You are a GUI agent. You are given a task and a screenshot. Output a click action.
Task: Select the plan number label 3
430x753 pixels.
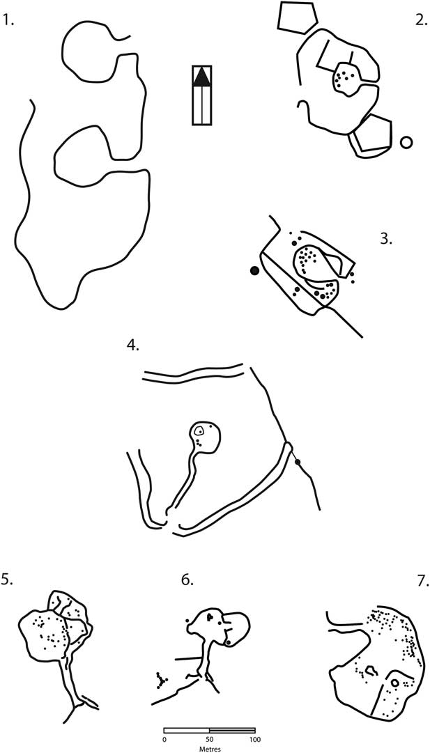pos(387,239)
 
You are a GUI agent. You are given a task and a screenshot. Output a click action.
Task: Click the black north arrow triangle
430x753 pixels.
pos(202,77)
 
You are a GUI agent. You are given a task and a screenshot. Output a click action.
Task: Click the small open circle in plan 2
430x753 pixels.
pos(406,143)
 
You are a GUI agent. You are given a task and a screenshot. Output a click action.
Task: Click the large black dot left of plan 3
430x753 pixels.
pos(254,272)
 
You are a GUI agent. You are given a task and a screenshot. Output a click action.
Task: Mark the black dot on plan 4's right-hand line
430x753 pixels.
pos(298,462)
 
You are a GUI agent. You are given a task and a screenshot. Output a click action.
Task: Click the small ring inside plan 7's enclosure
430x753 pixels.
pos(395,683)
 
